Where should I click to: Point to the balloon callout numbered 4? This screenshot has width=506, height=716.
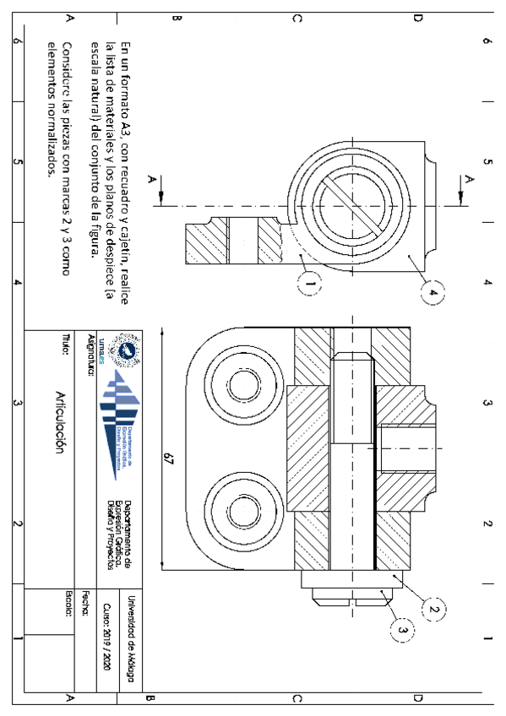433,291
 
